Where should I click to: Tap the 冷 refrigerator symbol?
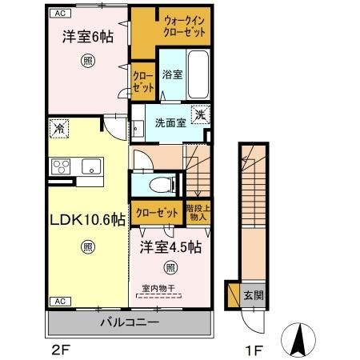59,126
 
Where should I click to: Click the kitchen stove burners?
61,166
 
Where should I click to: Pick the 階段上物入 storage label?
197,212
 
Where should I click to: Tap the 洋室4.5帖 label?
170,247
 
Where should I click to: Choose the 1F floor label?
251,350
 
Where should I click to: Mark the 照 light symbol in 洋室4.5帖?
170,266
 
